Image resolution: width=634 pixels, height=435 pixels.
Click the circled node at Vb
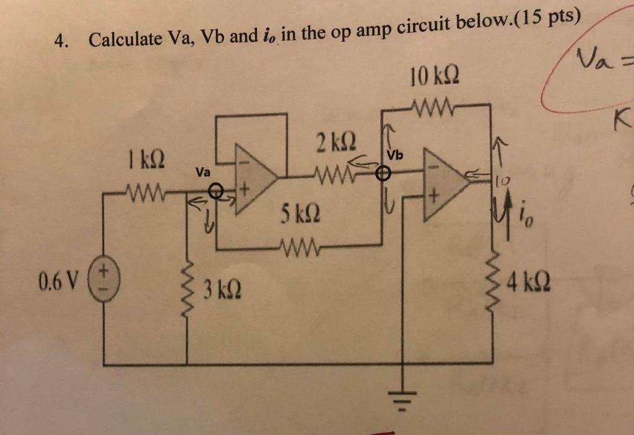[385, 174]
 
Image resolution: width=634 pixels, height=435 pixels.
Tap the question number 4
[59, 41]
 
